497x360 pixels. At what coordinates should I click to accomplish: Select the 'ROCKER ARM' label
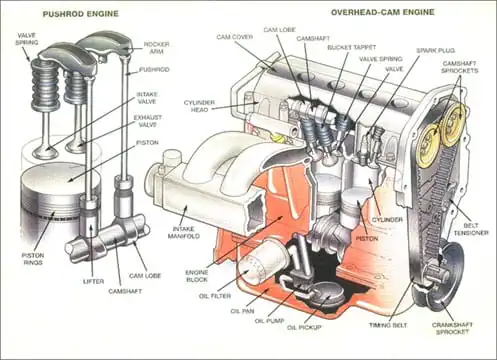157,48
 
